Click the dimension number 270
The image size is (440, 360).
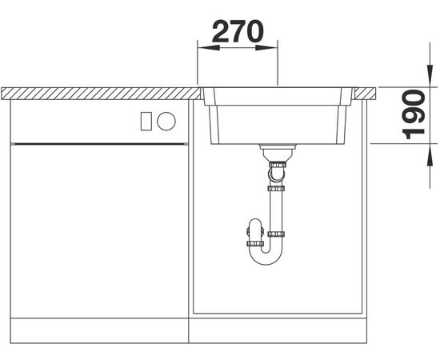point(238,31)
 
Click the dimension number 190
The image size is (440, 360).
point(413,114)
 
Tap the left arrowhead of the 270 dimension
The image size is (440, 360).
point(209,48)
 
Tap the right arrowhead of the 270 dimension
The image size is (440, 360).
point(266,48)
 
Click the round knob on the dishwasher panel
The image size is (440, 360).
point(166,122)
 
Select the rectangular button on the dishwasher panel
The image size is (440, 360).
point(146,122)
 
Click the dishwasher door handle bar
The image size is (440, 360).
point(99,144)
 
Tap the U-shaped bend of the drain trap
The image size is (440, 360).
point(266,258)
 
